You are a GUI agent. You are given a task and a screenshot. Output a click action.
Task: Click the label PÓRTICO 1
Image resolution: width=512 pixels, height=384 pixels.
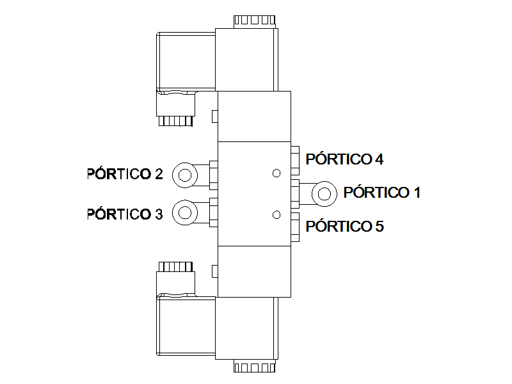click(381, 192)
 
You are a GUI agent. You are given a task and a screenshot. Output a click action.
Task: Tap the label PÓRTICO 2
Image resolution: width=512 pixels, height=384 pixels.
click(125, 173)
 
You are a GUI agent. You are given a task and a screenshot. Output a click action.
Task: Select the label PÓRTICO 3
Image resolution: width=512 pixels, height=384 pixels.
click(125, 214)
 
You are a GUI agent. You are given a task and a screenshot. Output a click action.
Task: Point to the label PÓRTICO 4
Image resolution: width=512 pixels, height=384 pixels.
click(344, 159)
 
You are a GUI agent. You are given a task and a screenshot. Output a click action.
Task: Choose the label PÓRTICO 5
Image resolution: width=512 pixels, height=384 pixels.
click(344, 226)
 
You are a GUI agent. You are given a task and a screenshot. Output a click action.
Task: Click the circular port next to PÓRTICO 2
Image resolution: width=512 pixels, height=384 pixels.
click(185, 175)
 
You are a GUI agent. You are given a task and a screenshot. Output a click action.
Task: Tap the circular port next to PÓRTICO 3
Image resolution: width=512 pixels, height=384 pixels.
click(185, 212)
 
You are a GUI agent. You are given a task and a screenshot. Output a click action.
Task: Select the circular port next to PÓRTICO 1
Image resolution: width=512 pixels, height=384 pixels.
click(324, 194)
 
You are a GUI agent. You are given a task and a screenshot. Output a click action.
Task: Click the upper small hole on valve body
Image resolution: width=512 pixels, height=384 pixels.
click(276, 173)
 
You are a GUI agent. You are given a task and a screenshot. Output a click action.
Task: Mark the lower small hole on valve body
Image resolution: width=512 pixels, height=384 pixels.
click(276, 215)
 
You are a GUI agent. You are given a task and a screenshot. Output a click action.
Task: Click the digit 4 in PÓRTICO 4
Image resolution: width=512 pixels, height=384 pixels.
click(379, 159)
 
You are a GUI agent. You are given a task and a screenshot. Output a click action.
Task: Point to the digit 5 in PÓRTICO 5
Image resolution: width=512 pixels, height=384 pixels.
click(379, 226)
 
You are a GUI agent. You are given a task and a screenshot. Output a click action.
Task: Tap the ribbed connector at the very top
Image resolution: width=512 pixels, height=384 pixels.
click(255, 22)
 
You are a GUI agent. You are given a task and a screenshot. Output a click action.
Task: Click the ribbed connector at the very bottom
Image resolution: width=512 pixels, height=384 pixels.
click(255, 366)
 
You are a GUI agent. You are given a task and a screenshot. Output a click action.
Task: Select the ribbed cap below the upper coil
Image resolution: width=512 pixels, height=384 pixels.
click(175, 121)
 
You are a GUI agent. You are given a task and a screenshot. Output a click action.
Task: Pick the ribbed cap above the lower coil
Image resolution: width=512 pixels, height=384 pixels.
click(175, 267)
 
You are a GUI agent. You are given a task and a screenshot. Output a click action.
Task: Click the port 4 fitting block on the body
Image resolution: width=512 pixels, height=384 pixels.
click(295, 161)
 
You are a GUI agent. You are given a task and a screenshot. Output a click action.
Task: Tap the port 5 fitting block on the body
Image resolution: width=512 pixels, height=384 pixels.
click(295, 227)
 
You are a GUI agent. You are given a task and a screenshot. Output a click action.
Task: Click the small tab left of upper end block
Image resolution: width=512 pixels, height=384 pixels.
click(215, 116)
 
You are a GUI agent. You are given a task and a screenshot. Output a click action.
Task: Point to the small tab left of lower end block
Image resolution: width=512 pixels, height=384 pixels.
click(215, 271)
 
